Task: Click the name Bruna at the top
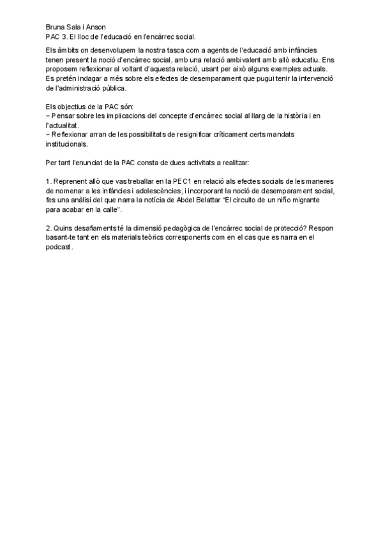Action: pyautogui.click(x=56, y=27)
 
